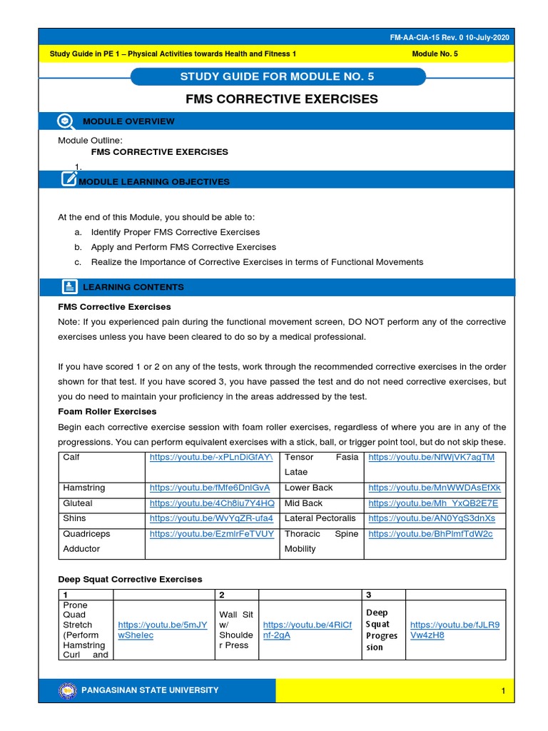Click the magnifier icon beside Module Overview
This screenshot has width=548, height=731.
(x=66, y=121)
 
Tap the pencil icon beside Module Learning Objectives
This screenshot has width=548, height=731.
(x=69, y=179)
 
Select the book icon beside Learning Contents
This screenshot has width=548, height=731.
(x=69, y=287)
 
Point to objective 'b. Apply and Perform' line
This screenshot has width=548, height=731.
(x=183, y=247)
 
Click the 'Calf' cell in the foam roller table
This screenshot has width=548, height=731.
(x=72, y=457)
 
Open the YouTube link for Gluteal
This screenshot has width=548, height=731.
(x=212, y=503)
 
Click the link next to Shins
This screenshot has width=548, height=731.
(x=212, y=518)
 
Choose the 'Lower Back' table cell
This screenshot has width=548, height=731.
(x=309, y=488)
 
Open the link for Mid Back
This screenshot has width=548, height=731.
(x=433, y=503)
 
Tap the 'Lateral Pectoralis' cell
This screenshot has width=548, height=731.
(x=320, y=518)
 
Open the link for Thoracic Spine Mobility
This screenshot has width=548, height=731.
(x=431, y=534)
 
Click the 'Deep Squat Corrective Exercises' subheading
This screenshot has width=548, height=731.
(x=130, y=579)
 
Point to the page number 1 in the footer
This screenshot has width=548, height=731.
(x=503, y=691)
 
